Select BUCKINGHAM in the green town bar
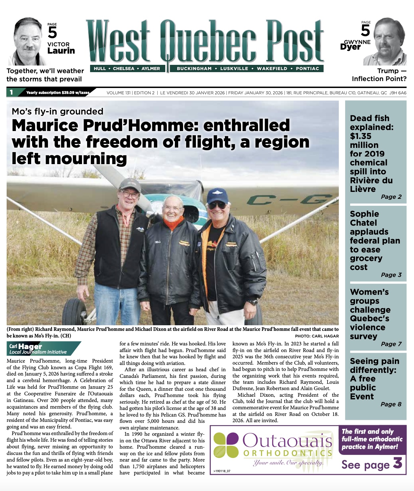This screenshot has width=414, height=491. (194, 68)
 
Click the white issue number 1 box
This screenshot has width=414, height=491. (11, 92)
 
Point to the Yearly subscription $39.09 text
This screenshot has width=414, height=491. (58, 93)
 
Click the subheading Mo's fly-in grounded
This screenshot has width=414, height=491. (58, 112)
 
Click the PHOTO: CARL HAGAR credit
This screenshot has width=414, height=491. (317, 336)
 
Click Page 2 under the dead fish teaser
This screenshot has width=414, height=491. (391, 197)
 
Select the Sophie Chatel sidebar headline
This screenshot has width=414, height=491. (375, 241)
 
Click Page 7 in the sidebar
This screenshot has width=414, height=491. (391, 344)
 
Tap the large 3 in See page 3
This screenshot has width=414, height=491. (397, 463)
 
